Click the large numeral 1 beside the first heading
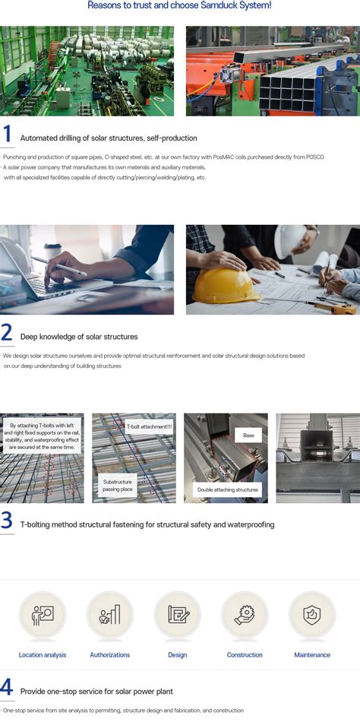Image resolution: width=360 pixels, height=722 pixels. [x=7, y=134]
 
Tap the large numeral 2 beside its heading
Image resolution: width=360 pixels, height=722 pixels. [x=7, y=332]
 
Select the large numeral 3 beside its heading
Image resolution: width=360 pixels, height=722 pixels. [x=7, y=521]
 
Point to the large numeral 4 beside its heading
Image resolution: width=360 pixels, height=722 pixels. [x=7, y=687]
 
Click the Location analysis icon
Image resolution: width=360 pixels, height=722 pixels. [x=43, y=615]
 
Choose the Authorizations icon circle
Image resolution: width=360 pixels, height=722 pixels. [x=110, y=615]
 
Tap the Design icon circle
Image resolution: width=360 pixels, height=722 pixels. [x=177, y=615]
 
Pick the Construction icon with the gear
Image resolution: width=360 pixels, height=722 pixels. [x=245, y=615]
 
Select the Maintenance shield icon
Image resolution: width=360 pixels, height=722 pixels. [x=312, y=615]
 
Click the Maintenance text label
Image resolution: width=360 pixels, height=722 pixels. [x=312, y=655]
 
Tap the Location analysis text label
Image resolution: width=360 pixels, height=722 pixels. [x=43, y=655]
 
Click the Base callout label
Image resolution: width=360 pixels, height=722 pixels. [x=248, y=435]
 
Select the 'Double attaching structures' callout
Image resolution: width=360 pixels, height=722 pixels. [x=228, y=489]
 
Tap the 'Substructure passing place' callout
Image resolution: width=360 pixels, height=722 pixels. [x=118, y=486]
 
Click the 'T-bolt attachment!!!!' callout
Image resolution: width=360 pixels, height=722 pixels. [x=143, y=427]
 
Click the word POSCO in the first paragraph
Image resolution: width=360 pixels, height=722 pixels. [x=315, y=157]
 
